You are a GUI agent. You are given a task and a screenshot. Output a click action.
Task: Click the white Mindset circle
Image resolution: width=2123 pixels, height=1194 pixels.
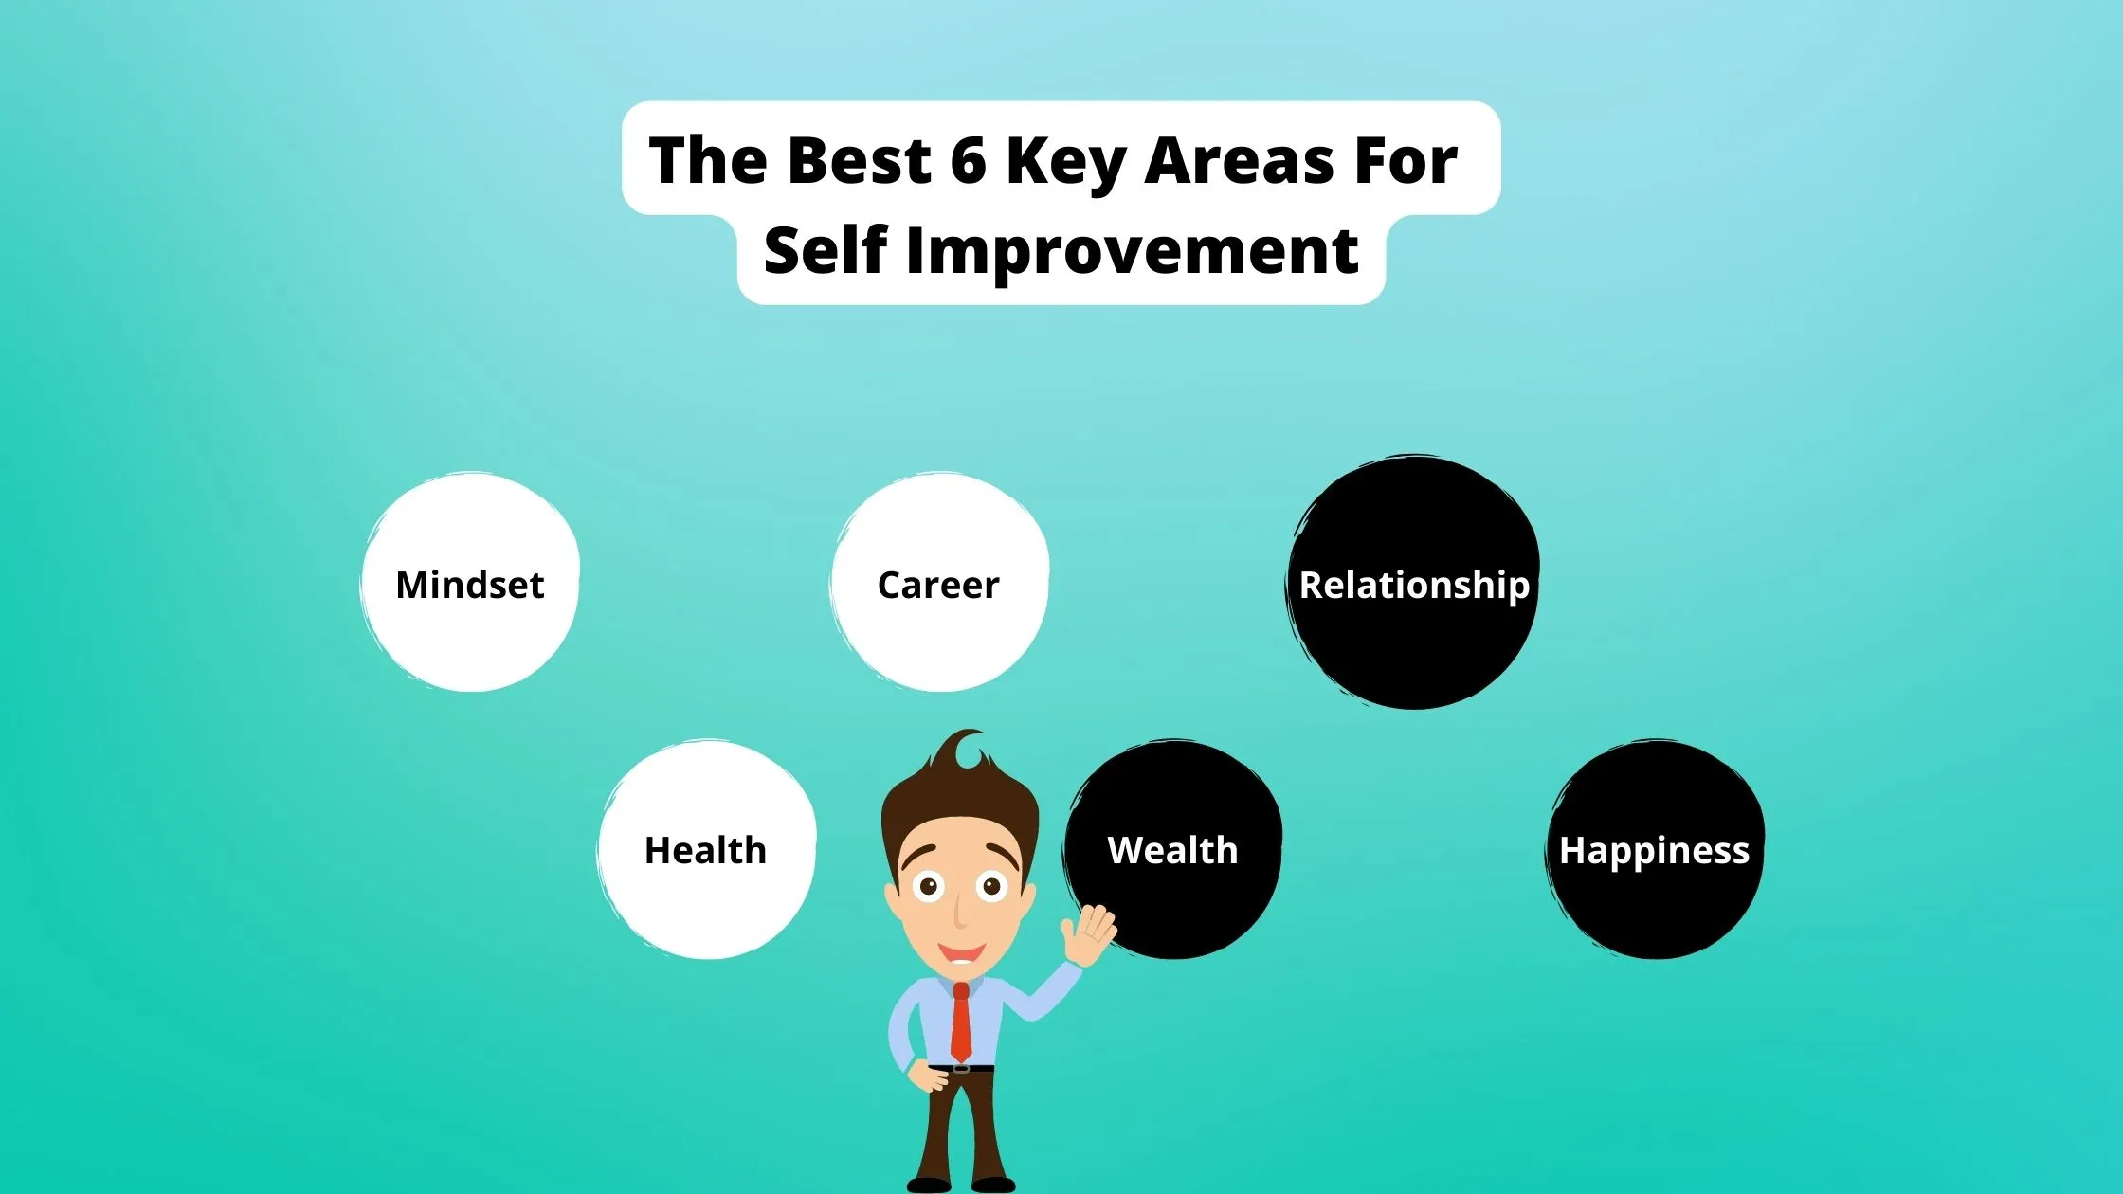[x=470, y=583]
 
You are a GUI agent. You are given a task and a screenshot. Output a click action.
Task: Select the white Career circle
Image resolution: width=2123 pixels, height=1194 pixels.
[x=939, y=583]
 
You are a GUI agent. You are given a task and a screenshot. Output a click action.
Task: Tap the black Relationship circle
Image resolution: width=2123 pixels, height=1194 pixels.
[x=1413, y=583]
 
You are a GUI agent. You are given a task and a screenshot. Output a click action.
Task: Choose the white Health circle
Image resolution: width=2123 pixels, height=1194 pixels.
[x=706, y=849]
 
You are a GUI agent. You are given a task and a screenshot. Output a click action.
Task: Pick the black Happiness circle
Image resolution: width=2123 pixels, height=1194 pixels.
[x=1655, y=849]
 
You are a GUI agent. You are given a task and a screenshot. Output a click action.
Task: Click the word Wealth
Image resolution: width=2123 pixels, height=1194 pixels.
[x=1172, y=850]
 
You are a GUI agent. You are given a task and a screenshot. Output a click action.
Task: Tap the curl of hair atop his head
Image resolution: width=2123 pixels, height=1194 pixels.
[x=969, y=749]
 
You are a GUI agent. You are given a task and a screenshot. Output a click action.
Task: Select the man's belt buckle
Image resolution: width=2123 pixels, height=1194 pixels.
[x=961, y=1068]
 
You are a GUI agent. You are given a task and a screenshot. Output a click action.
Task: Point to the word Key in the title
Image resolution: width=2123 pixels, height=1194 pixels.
[x=1065, y=161]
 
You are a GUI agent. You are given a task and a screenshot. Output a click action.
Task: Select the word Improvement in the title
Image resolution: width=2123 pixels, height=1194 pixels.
[x=1133, y=251]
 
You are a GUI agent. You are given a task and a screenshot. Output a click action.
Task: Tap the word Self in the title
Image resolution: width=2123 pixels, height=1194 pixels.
[x=825, y=251]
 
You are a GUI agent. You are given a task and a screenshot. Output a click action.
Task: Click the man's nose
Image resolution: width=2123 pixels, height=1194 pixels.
[x=959, y=912]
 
